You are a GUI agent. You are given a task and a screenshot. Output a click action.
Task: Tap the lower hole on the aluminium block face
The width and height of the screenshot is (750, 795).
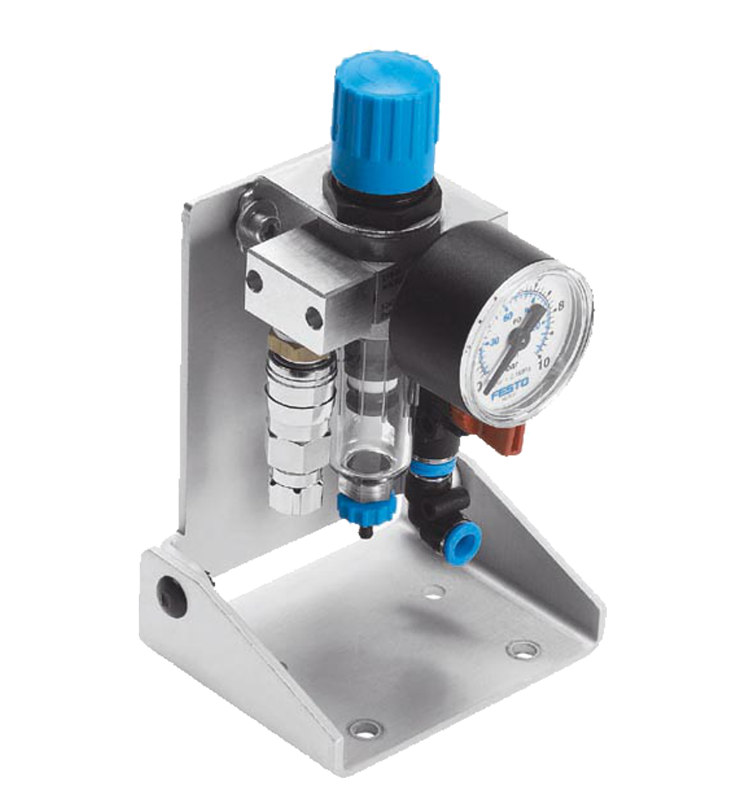point(313,317)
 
